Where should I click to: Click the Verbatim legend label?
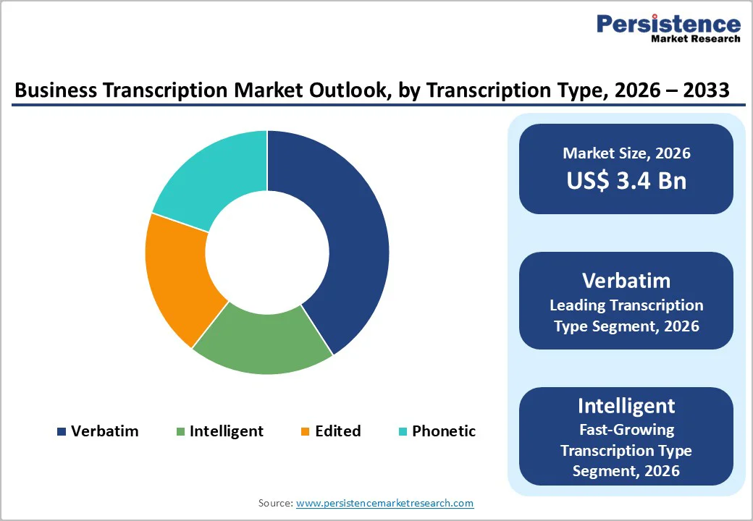pos(104,431)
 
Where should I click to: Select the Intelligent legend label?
pos(226,431)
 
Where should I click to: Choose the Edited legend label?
pos(337,431)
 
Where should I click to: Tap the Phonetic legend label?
pos(444,431)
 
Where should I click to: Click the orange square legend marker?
pos(305,432)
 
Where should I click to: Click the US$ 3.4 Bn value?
pos(626,180)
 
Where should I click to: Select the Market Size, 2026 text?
pos(626,153)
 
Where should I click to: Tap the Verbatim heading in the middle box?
pos(626,281)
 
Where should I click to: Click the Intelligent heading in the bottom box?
pos(626,405)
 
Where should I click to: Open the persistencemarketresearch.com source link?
pos(384,502)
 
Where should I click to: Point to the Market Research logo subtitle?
pos(696,38)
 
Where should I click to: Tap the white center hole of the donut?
pos(267,252)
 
